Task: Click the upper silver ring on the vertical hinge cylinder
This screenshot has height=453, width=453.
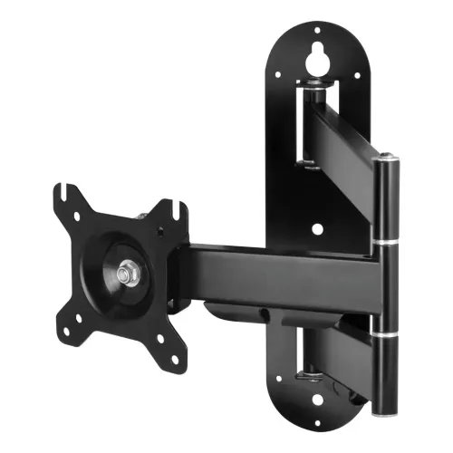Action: [x=388, y=242]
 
